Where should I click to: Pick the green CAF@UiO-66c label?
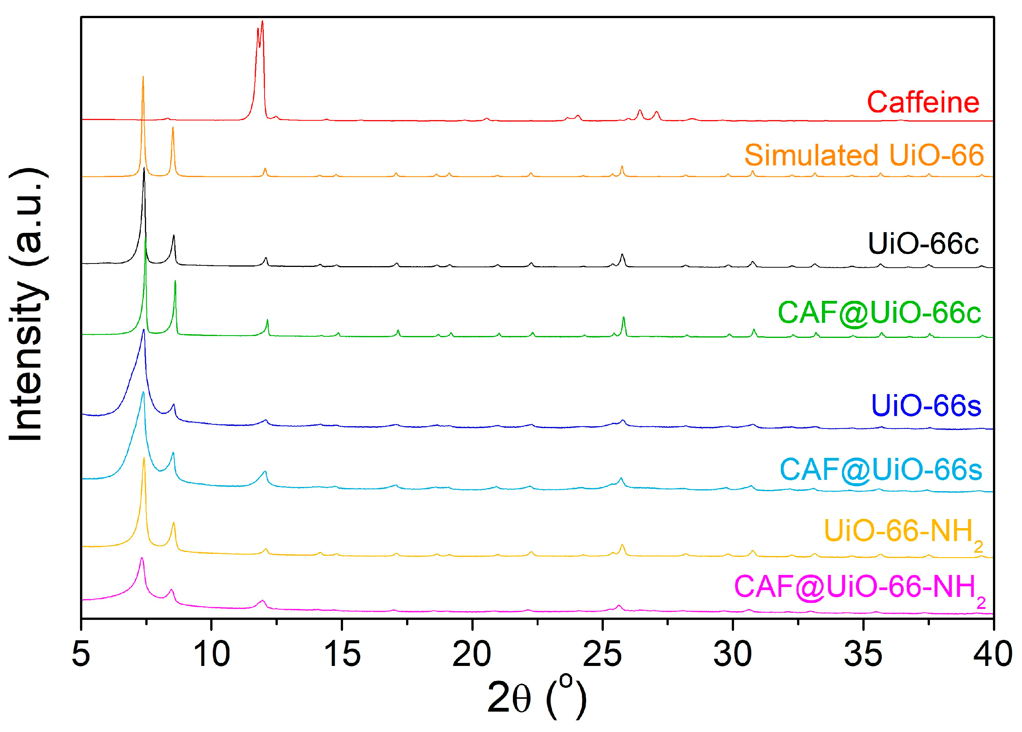(x=879, y=312)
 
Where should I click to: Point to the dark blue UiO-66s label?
(x=926, y=406)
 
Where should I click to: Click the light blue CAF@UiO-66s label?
(x=880, y=470)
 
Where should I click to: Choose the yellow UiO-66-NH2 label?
(x=903, y=532)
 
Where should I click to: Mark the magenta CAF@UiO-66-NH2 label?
(x=860, y=588)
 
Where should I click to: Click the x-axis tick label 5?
(x=81, y=654)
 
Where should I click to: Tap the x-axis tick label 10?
(x=211, y=654)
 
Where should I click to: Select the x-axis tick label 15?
(x=342, y=654)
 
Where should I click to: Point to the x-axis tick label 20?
(x=472, y=654)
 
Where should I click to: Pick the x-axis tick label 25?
(x=602, y=654)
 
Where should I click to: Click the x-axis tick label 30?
(x=733, y=654)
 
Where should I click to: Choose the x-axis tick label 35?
(x=863, y=654)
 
